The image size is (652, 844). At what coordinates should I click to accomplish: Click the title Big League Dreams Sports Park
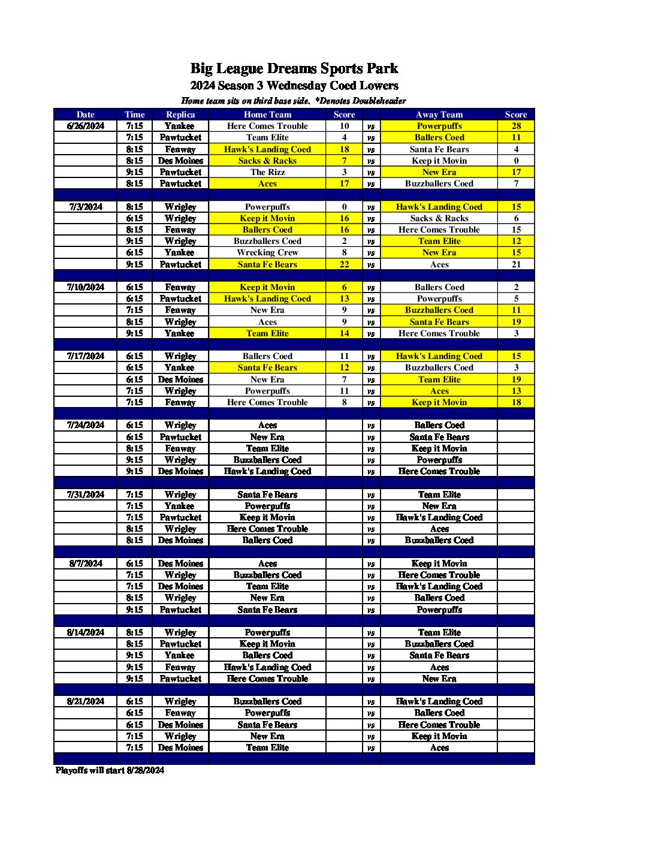(x=294, y=68)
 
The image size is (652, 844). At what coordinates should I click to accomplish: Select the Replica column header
(x=180, y=114)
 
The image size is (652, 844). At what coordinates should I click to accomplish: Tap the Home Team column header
(x=267, y=114)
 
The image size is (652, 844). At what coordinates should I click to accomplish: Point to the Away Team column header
(x=439, y=114)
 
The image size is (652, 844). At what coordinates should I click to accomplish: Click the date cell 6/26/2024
(x=86, y=126)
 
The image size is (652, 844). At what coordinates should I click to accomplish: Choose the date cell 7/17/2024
(x=86, y=356)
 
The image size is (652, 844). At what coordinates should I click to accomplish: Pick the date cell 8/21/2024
(x=86, y=701)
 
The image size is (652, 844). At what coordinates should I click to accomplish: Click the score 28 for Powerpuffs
(x=516, y=126)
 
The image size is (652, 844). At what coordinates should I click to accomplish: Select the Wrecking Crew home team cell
(x=267, y=252)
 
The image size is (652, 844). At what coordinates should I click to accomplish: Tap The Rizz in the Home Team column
(x=267, y=172)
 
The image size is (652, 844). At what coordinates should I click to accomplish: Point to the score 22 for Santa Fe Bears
(x=344, y=264)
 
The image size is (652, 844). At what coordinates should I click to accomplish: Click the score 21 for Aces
(x=516, y=264)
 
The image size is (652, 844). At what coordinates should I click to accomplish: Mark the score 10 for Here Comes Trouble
(x=344, y=126)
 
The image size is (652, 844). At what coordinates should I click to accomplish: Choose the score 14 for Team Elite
(x=344, y=333)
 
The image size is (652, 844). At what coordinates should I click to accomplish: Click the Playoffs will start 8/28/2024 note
(x=110, y=770)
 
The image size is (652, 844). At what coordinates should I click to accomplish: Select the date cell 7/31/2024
(x=86, y=495)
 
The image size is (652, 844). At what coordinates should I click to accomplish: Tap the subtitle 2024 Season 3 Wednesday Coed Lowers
(x=294, y=86)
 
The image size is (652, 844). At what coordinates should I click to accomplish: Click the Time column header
(x=135, y=114)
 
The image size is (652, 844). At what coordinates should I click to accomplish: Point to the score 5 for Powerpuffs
(x=516, y=299)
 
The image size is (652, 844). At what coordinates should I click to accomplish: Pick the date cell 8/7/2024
(x=86, y=563)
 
